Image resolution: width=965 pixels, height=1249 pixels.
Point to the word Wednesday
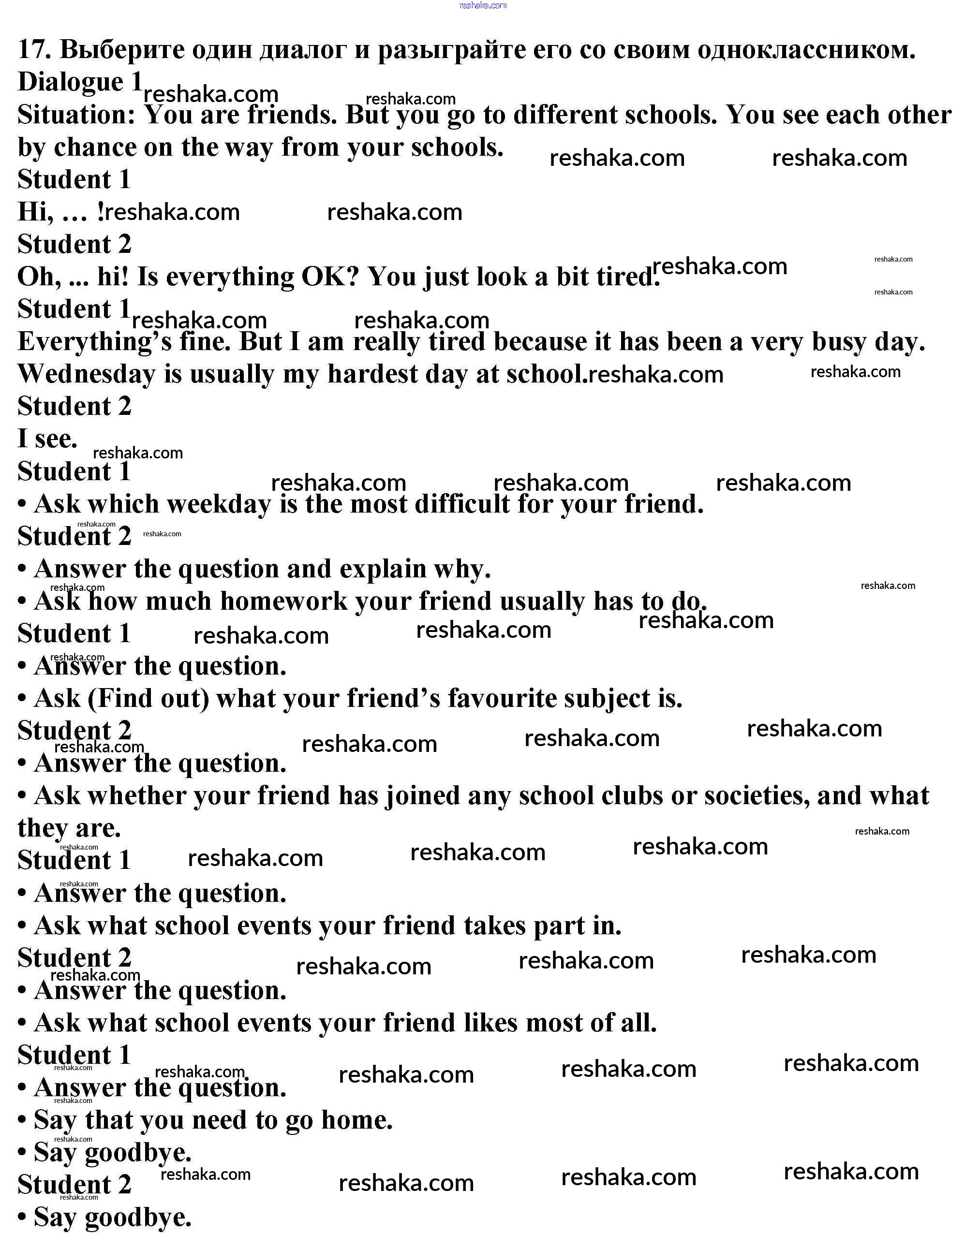click(x=86, y=375)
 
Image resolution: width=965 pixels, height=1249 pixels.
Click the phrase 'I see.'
click(x=47, y=439)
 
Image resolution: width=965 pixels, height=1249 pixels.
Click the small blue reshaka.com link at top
click(x=483, y=5)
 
